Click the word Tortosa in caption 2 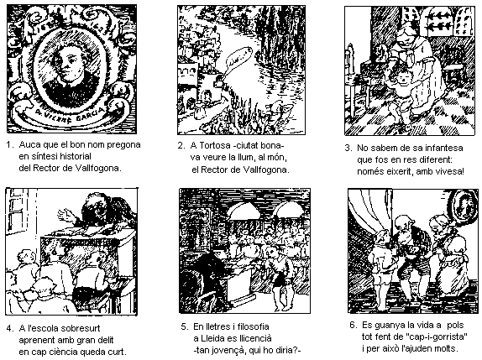[x=213, y=145]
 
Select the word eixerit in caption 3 [x=397, y=171]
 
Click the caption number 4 [x=9, y=328]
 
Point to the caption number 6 [x=353, y=325]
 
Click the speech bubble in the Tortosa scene [x=238, y=58]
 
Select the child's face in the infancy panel [x=403, y=81]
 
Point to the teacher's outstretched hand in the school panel [x=65, y=214]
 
